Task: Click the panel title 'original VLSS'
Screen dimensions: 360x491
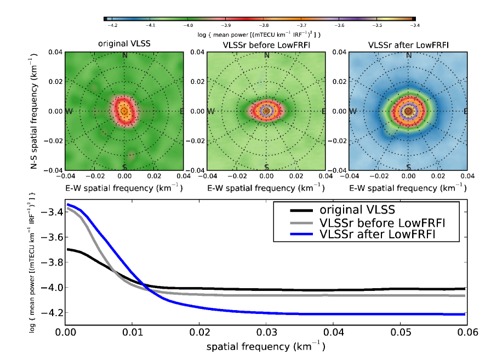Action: pyautogui.click(x=124, y=43)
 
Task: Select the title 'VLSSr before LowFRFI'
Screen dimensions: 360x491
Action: pyautogui.click(x=266, y=43)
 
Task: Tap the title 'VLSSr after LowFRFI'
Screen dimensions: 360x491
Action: pyautogui.click(x=408, y=43)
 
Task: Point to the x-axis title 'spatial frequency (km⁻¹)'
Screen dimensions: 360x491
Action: pyautogui.click(x=266, y=347)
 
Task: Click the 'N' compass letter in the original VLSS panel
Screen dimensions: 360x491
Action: pyautogui.click(x=125, y=55)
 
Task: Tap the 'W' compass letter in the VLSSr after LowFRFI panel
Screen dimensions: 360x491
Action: pyautogui.click(x=353, y=111)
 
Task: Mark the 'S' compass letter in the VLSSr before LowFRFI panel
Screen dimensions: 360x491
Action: pyautogui.click(x=266, y=167)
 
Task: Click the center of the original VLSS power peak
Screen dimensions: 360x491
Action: pyautogui.click(x=124, y=111)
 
